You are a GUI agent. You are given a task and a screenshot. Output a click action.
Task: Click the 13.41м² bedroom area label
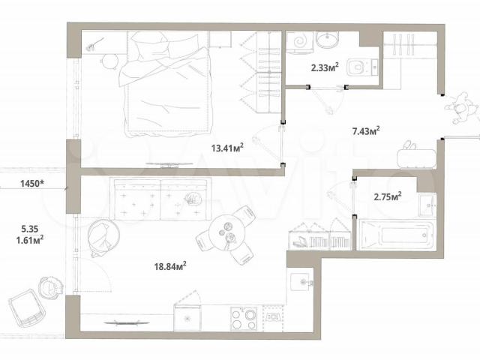(x=227, y=148)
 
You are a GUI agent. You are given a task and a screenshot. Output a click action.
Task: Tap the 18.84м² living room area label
(x=170, y=266)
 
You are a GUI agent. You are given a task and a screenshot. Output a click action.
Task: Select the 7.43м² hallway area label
(x=366, y=131)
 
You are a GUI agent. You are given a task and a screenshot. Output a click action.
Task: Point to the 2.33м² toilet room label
(x=325, y=67)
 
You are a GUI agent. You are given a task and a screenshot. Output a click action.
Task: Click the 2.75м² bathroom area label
(x=388, y=196)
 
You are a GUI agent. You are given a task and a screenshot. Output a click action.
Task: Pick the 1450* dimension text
(x=32, y=184)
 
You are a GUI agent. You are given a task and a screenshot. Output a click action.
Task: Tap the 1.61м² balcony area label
(x=30, y=240)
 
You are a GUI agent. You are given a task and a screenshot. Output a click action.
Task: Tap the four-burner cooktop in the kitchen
(x=244, y=319)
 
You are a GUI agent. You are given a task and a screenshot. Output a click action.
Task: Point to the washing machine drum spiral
(x=299, y=40)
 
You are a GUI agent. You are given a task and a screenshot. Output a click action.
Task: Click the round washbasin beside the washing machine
(x=328, y=39)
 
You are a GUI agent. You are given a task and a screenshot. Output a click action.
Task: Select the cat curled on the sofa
(x=193, y=199)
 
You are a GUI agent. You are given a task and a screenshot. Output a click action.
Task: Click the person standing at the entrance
(x=461, y=108)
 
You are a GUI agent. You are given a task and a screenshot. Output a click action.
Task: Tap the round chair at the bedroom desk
(x=109, y=61)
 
